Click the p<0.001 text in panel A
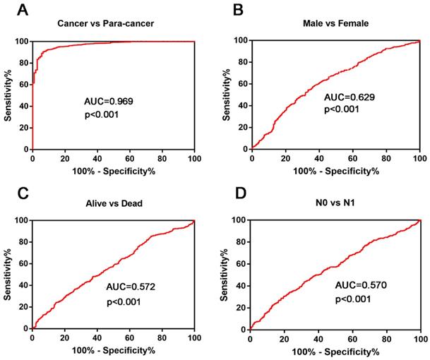point(104,114)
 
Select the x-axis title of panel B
point(334,172)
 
